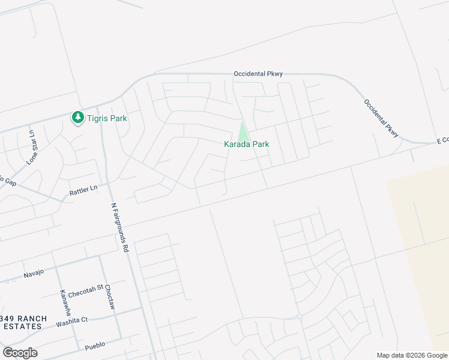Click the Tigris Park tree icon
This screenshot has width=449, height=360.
click(77, 118)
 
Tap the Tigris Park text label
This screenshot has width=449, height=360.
click(107, 118)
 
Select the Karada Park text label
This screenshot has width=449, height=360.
click(246, 144)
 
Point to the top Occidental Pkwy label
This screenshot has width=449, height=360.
click(258, 74)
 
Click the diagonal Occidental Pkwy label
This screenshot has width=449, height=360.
click(381, 117)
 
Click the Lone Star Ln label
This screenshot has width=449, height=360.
click(32, 146)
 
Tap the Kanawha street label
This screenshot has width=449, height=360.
click(64, 304)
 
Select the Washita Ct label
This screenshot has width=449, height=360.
click(71, 321)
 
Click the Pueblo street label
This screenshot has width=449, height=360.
click(95, 344)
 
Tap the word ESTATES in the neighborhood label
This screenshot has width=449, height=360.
click(21, 326)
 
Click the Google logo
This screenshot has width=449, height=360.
click(20, 353)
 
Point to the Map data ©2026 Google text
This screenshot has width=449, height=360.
click(412, 355)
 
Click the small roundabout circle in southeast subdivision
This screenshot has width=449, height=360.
click(300, 316)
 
